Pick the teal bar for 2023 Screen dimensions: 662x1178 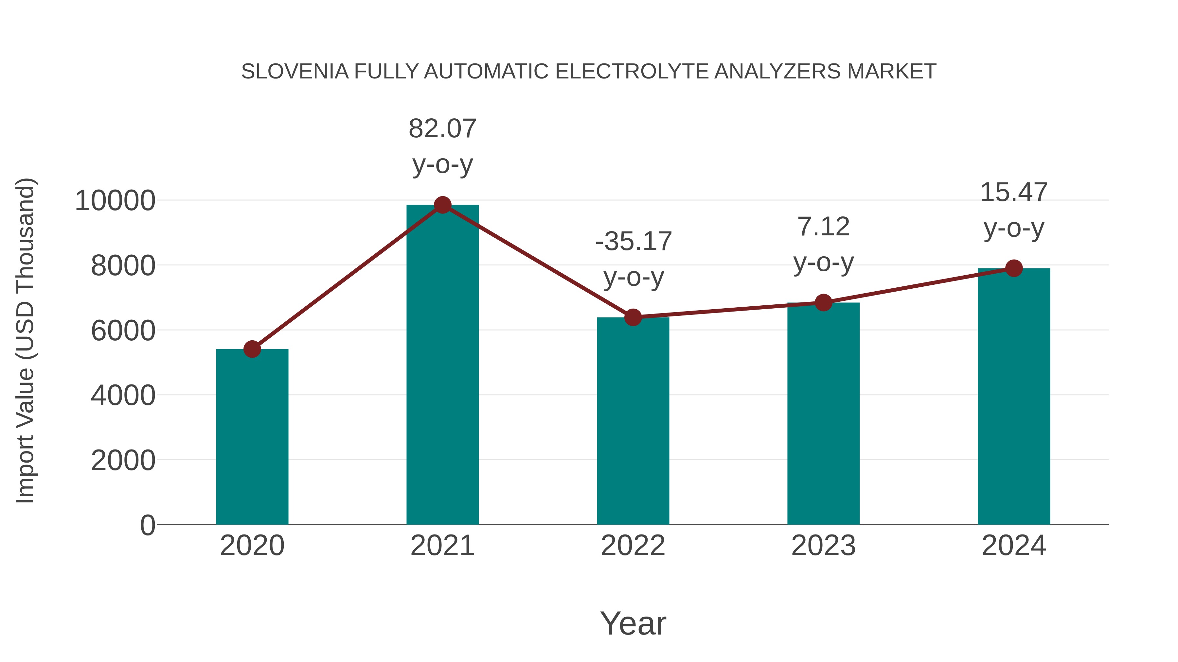(823, 414)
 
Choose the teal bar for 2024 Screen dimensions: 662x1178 (1014, 396)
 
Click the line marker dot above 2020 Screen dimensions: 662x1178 (252, 349)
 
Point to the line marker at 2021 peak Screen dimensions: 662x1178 (442, 205)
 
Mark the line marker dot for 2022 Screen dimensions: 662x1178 (633, 317)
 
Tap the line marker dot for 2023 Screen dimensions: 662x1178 (823, 302)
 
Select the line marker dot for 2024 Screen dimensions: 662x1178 (1014, 268)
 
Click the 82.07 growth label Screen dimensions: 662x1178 (442, 128)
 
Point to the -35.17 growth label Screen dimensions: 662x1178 (633, 241)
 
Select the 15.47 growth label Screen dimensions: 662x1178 (1014, 192)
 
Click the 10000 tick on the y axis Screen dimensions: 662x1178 (115, 201)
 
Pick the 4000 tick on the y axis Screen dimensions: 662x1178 (123, 395)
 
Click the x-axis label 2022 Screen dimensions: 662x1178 (633, 546)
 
